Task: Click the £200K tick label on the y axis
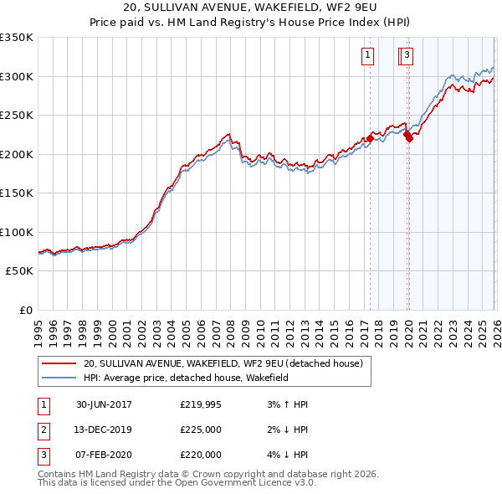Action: coord(17,154)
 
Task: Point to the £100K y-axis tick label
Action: coord(17,232)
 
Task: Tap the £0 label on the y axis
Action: coord(26,310)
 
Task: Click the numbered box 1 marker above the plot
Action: coord(367,56)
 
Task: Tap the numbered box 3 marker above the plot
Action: coord(407,56)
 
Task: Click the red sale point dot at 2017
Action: coord(370,139)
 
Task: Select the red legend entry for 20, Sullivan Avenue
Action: coord(222,363)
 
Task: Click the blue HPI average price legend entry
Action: coord(185,378)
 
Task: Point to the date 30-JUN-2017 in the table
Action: coord(104,404)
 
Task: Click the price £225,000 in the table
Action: coord(201,430)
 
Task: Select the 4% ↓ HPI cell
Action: coord(285,455)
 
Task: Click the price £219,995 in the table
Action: coord(201,404)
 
